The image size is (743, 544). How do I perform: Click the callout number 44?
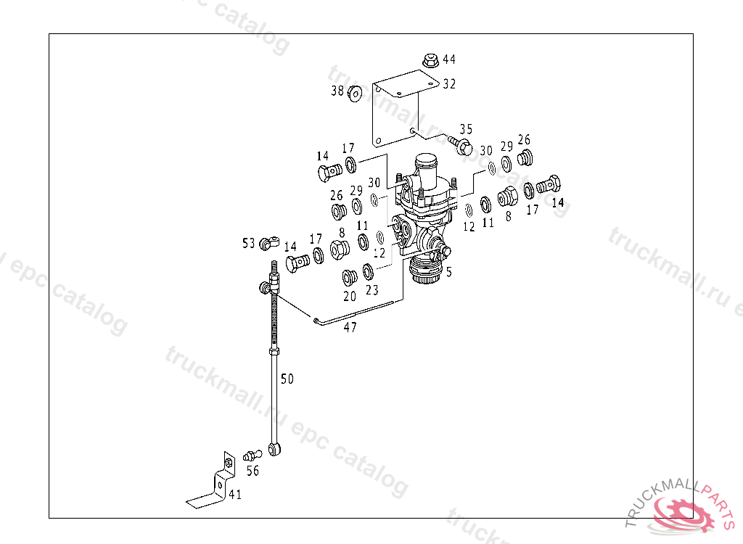(x=448, y=59)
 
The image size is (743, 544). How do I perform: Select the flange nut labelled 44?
(x=430, y=61)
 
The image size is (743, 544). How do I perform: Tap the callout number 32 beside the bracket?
(x=449, y=84)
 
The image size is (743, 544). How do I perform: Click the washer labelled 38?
(x=354, y=94)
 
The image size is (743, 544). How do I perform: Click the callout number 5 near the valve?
(x=448, y=272)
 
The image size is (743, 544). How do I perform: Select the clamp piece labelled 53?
(x=269, y=244)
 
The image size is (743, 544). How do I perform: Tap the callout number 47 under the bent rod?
(x=350, y=327)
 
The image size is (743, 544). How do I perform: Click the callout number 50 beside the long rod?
(x=287, y=379)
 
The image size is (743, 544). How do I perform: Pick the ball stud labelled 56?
(x=252, y=456)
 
